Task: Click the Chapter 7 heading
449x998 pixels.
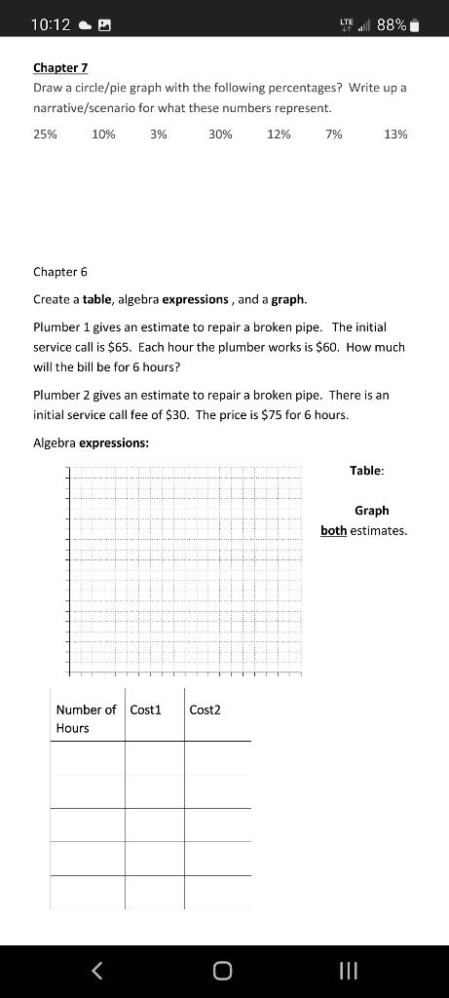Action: click(60, 67)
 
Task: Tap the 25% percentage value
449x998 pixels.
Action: click(45, 134)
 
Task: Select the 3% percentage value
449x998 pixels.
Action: click(159, 134)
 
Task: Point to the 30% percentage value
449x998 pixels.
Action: click(220, 134)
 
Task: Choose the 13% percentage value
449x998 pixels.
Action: click(395, 134)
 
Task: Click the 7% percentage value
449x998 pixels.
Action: click(334, 134)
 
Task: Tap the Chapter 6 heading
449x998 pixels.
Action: click(60, 271)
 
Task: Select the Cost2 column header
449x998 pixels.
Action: click(205, 710)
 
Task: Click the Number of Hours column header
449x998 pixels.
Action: click(86, 718)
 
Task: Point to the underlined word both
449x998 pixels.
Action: click(334, 531)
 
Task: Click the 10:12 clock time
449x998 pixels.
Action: click(50, 24)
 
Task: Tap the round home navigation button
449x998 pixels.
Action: click(223, 970)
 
